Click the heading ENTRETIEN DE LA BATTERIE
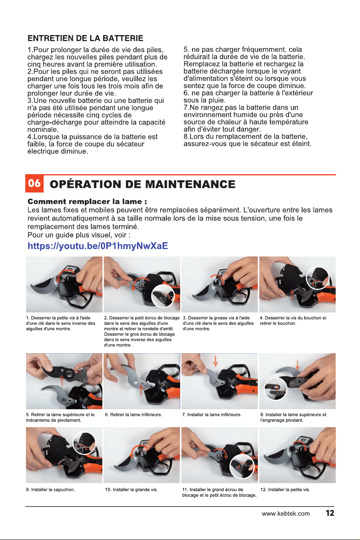coord(85,38)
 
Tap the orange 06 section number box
coord(35,184)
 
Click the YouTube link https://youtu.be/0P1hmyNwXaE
coord(97,246)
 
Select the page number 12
coord(330,513)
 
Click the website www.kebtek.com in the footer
coord(286,513)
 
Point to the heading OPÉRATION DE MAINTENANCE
coord(142,184)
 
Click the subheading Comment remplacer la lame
coord(87,201)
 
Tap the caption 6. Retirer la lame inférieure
coord(133,415)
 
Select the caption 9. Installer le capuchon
coord(51,489)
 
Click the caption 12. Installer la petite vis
coord(285,489)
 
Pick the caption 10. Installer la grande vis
coord(132,489)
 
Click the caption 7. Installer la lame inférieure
coord(212,415)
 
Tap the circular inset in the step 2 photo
coord(162,296)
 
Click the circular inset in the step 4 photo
coord(318,278)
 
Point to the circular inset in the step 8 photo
coord(276,389)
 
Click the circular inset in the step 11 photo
coord(242,467)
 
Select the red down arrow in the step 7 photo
coord(216,361)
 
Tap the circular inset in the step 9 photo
coord(84,443)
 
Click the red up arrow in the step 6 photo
coord(141,389)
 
